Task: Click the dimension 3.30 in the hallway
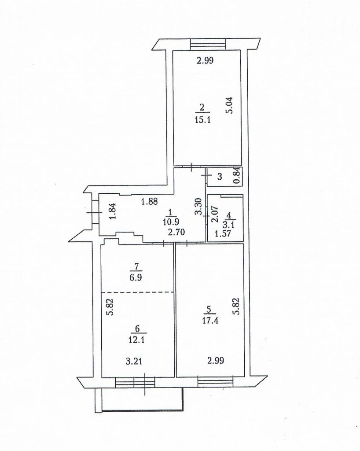pos(198,207)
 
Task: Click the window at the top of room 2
pos(207,44)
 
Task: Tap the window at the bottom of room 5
pos(215,381)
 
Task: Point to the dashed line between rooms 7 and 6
pos(137,292)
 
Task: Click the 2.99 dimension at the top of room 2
pos(205,61)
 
